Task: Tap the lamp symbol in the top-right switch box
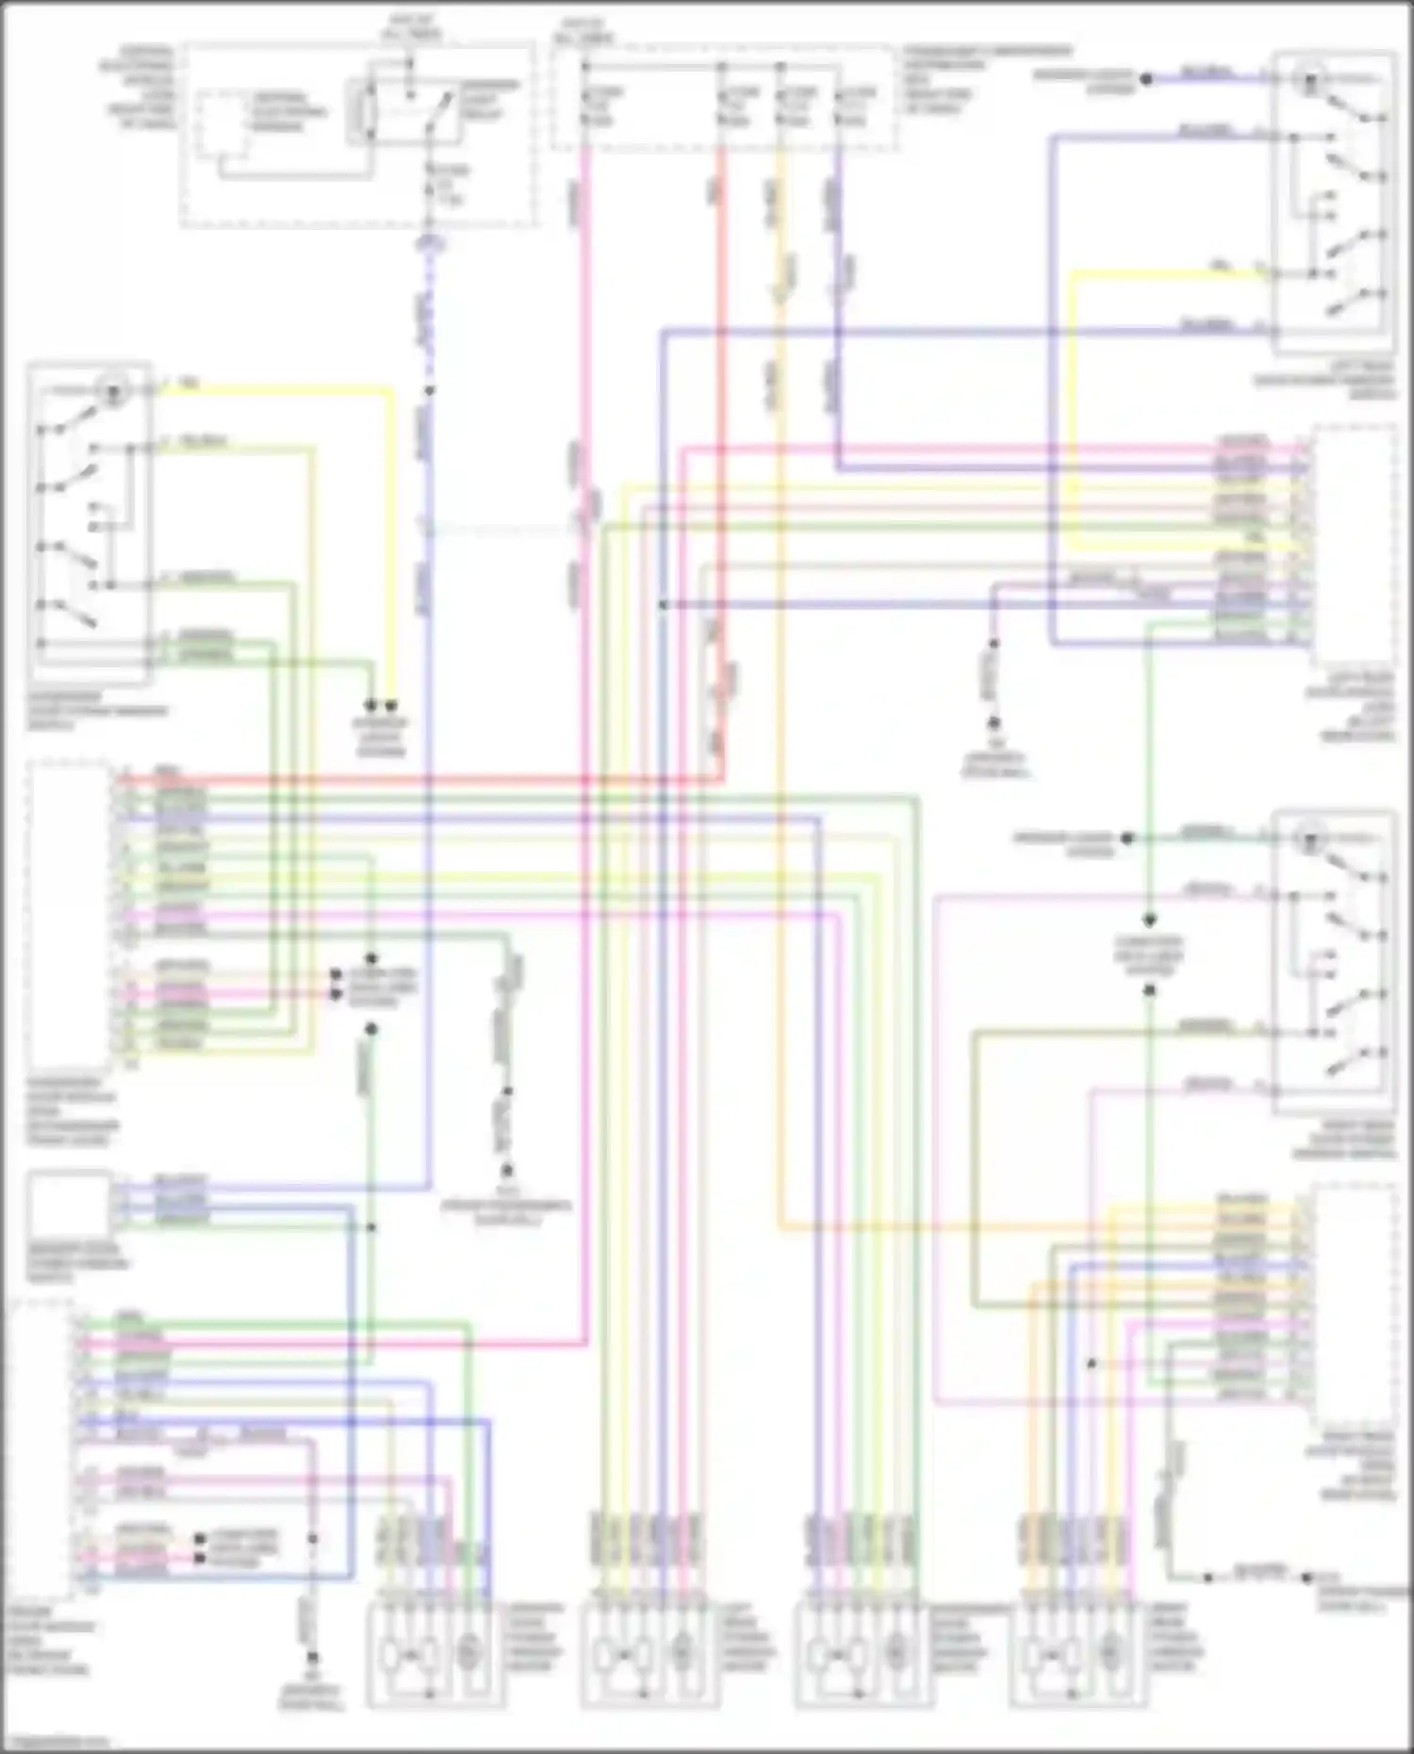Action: pyautogui.click(x=1308, y=81)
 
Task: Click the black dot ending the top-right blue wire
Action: pyautogui.click(x=1146, y=80)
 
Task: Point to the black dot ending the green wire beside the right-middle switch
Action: pyautogui.click(x=1127, y=838)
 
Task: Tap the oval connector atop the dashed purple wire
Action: pyautogui.click(x=430, y=244)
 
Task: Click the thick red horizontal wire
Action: pyautogui.click(x=424, y=780)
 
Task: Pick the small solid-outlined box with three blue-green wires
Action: pyautogui.click(x=67, y=1204)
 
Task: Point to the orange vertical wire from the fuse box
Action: pyautogui.click(x=781, y=660)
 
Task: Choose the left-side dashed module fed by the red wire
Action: pyautogui.click(x=70, y=914)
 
